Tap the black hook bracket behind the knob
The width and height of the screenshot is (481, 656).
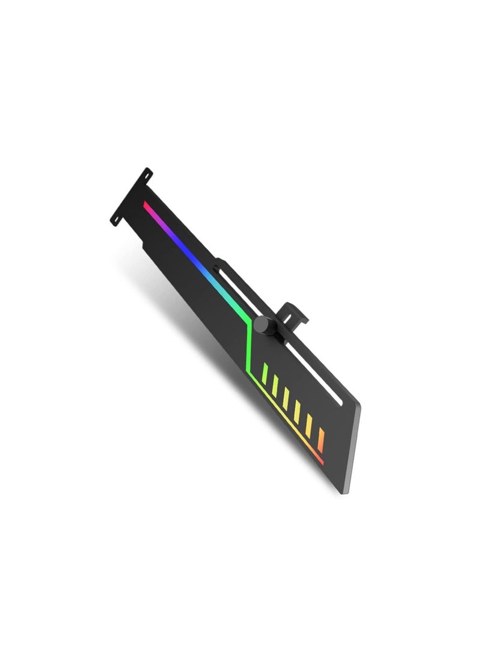click(x=295, y=313)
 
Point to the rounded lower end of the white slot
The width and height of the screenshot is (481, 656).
click(x=342, y=404)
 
